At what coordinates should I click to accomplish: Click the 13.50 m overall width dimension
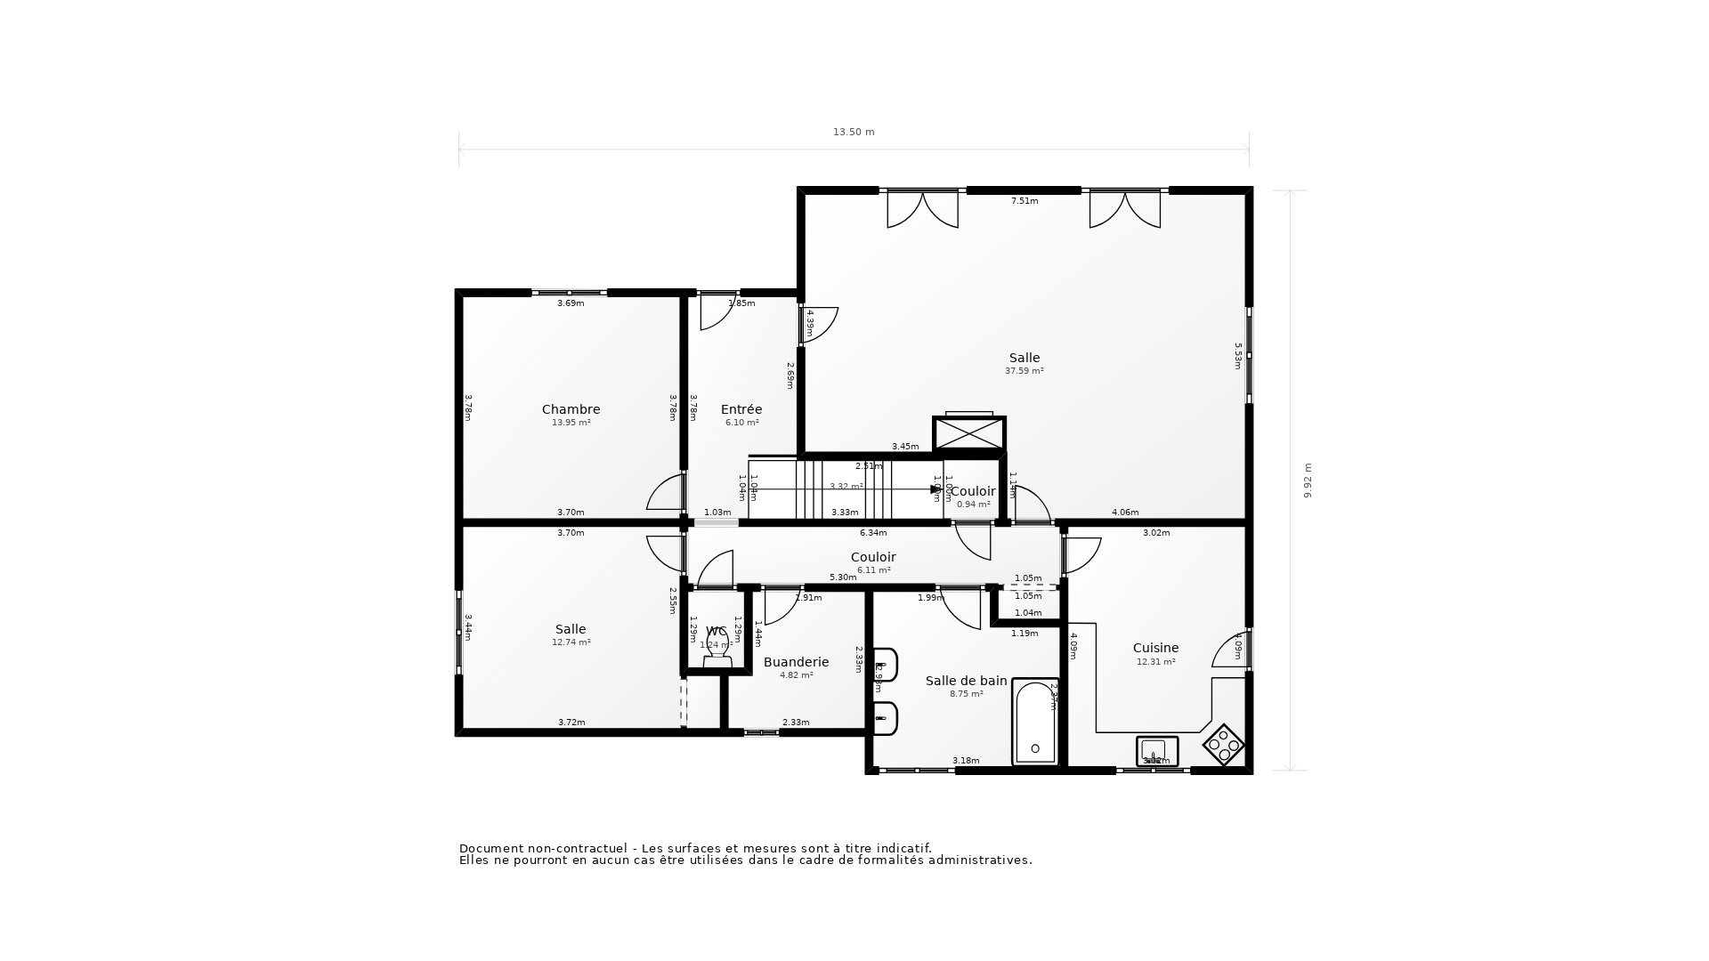point(853,133)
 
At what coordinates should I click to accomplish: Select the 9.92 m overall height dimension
point(1308,480)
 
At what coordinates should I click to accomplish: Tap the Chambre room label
point(571,409)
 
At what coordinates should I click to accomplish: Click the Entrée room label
point(741,409)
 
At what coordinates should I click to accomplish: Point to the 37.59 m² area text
point(1024,371)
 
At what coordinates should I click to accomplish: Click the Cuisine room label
point(1155,648)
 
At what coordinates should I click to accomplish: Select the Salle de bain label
point(966,681)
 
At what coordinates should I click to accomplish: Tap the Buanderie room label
point(796,662)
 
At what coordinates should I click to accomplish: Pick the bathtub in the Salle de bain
point(1035,723)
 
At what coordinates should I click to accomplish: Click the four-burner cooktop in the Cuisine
point(1223,745)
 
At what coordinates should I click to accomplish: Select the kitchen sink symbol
point(1156,751)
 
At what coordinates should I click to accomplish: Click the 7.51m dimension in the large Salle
point(1024,201)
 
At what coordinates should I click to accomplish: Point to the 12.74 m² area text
point(571,642)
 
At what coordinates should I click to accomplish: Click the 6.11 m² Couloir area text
point(873,570)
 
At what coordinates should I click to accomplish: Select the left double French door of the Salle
point(922,209)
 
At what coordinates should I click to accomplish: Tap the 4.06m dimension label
point(1125,513)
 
